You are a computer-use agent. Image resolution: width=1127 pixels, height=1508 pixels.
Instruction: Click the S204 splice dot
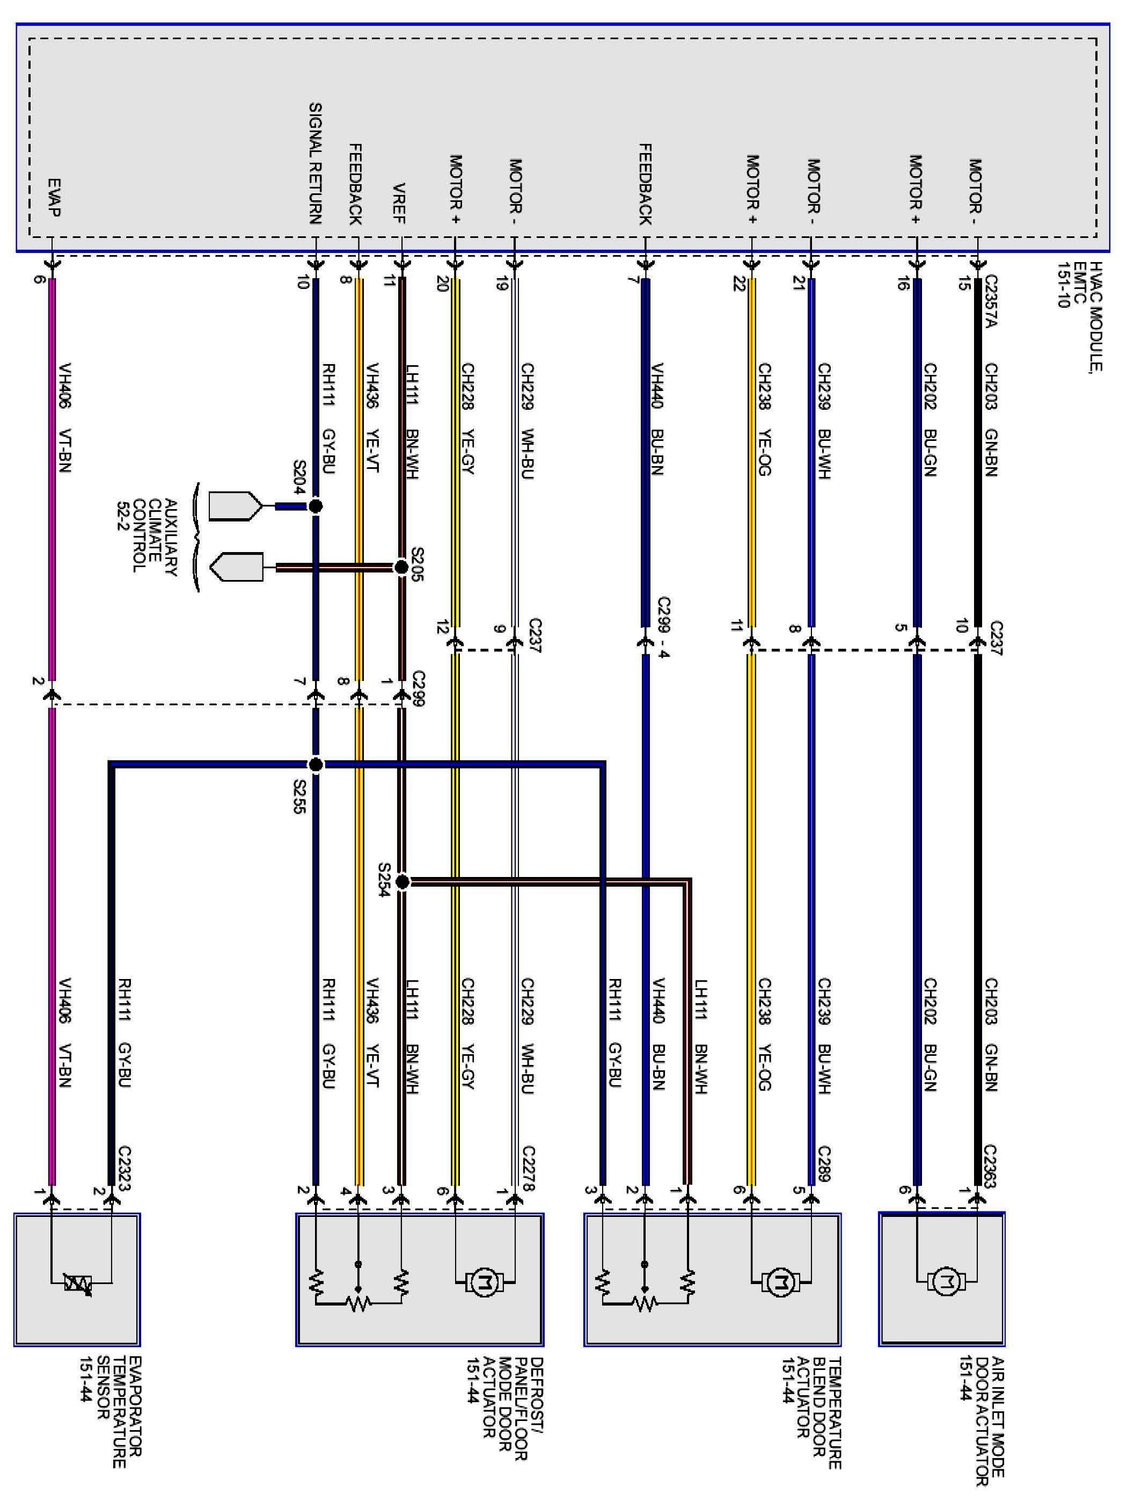point(315,506)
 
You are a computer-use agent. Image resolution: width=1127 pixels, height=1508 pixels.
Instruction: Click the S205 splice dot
point(401,567)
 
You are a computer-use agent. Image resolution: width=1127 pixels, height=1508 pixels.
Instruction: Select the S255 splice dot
point(316,765)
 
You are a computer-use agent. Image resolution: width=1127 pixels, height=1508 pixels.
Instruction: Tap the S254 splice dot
point(402,882)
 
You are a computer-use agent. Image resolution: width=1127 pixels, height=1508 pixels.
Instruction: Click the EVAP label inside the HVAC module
point(54,198)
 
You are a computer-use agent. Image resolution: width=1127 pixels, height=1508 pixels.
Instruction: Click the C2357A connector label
point(991,301)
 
